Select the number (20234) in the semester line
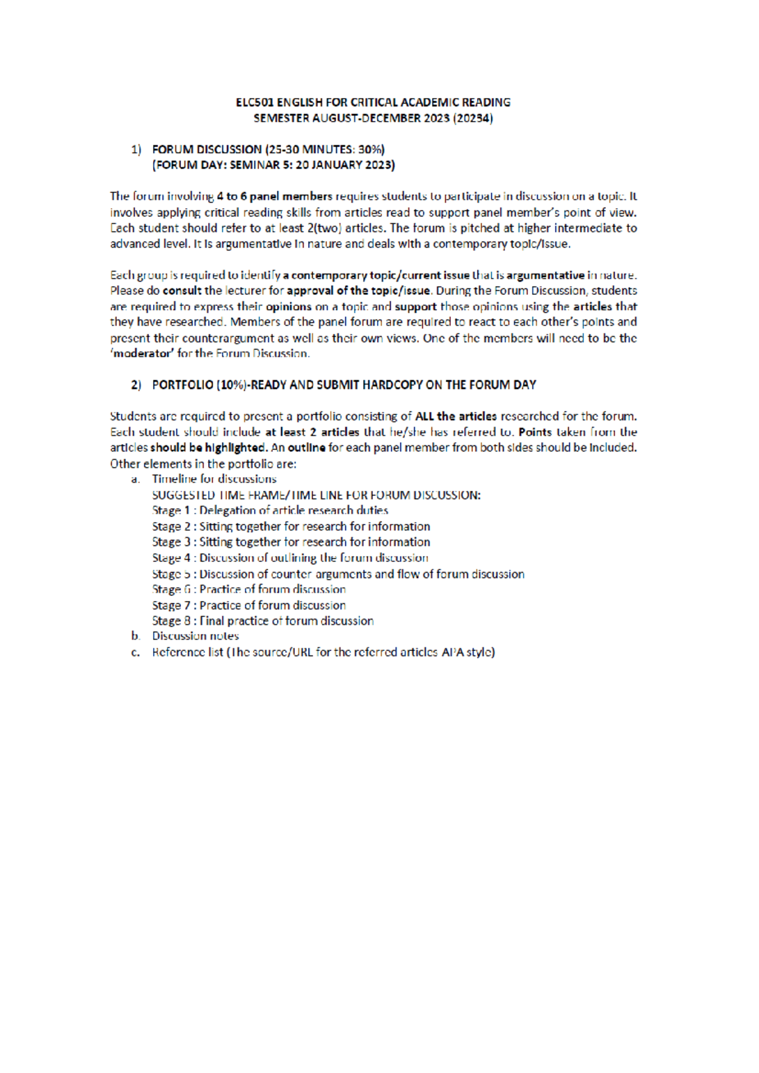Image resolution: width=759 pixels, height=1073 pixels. coord(473,118)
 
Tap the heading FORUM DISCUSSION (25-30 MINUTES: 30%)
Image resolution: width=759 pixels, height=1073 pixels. coord(268,149)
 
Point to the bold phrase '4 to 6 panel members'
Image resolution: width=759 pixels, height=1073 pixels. coord(275,196)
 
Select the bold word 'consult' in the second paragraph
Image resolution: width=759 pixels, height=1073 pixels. coord(182,290)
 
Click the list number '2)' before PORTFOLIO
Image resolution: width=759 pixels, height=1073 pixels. coord(137,385)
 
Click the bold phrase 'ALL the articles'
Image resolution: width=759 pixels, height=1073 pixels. coord(455,416)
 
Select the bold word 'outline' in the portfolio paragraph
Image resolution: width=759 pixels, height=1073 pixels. coord(307,447)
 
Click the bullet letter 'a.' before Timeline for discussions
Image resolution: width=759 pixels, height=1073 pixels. coord(135,479)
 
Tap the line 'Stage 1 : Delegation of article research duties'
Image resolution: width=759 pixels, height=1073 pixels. coord(270,510)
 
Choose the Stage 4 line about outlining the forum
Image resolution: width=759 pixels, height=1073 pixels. coord(290,557)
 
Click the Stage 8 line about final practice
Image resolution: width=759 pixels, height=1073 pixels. coord(262,621)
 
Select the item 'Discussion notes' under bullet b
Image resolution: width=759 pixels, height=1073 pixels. coord(195,636)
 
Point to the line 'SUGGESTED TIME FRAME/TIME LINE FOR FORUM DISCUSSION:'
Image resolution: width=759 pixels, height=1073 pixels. coord(316,495)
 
